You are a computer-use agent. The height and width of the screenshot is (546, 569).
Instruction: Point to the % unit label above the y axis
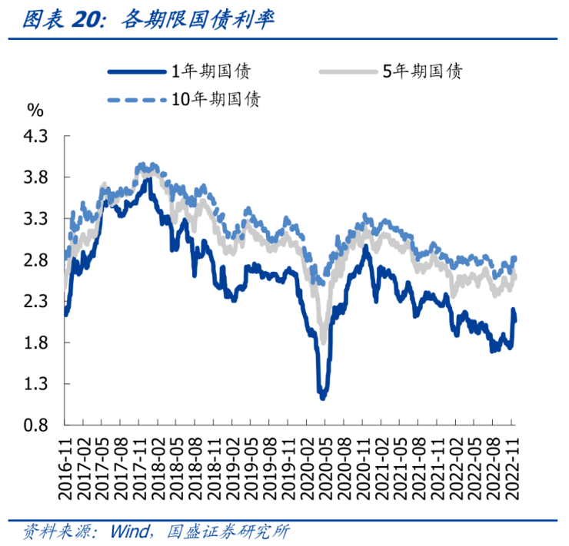click(x=35, y=110)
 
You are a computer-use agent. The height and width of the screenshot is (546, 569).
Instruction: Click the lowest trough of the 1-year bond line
click(x=323, y=397)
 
